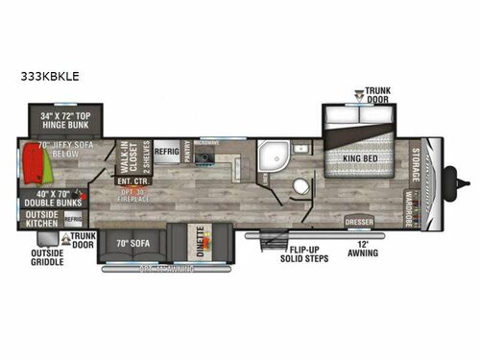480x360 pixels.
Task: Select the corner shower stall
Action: tap(274, 155)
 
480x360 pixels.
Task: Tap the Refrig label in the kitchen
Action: tap(168, 151)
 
